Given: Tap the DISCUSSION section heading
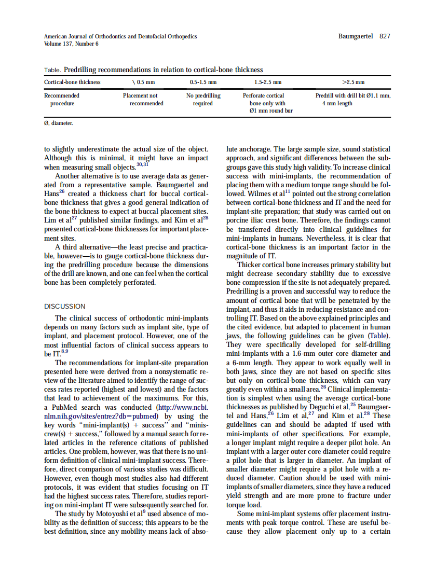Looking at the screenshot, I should (65, 307).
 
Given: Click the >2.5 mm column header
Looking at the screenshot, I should (353, 82).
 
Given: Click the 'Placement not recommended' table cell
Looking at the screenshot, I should (140, 100).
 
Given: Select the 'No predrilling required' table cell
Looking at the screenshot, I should (203, 100).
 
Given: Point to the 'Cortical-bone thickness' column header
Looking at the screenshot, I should (72, 82).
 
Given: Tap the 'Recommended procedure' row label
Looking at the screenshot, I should (62, 100).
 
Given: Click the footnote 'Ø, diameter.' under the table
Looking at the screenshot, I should (58, 123).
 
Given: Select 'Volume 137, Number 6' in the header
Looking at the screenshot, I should (71, 44).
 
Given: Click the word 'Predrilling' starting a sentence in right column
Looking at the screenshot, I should (244, 292).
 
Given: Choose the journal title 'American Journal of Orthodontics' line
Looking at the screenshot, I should (120, 36).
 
